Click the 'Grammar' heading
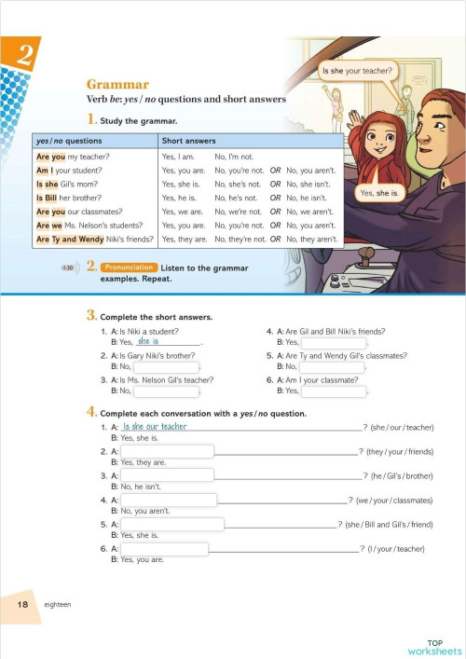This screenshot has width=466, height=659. pos(117,84)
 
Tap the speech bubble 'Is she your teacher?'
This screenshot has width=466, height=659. pos(357,71)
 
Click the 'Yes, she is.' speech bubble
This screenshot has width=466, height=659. pos(379,193)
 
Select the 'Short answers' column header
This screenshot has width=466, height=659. pos(185,141)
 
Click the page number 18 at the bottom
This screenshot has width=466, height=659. pos(22,605)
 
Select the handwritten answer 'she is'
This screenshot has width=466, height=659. pos(148,341)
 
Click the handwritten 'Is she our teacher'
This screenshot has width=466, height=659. pos(154,427)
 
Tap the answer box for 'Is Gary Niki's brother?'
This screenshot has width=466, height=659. pos(167,367)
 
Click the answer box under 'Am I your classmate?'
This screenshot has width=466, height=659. pos(333,391)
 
